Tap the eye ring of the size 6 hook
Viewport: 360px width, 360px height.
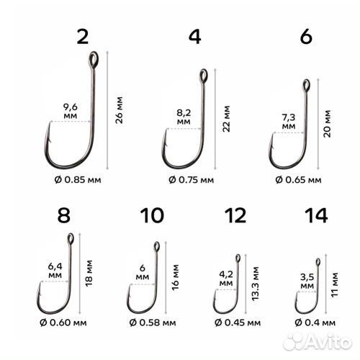[x=305, y=84]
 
